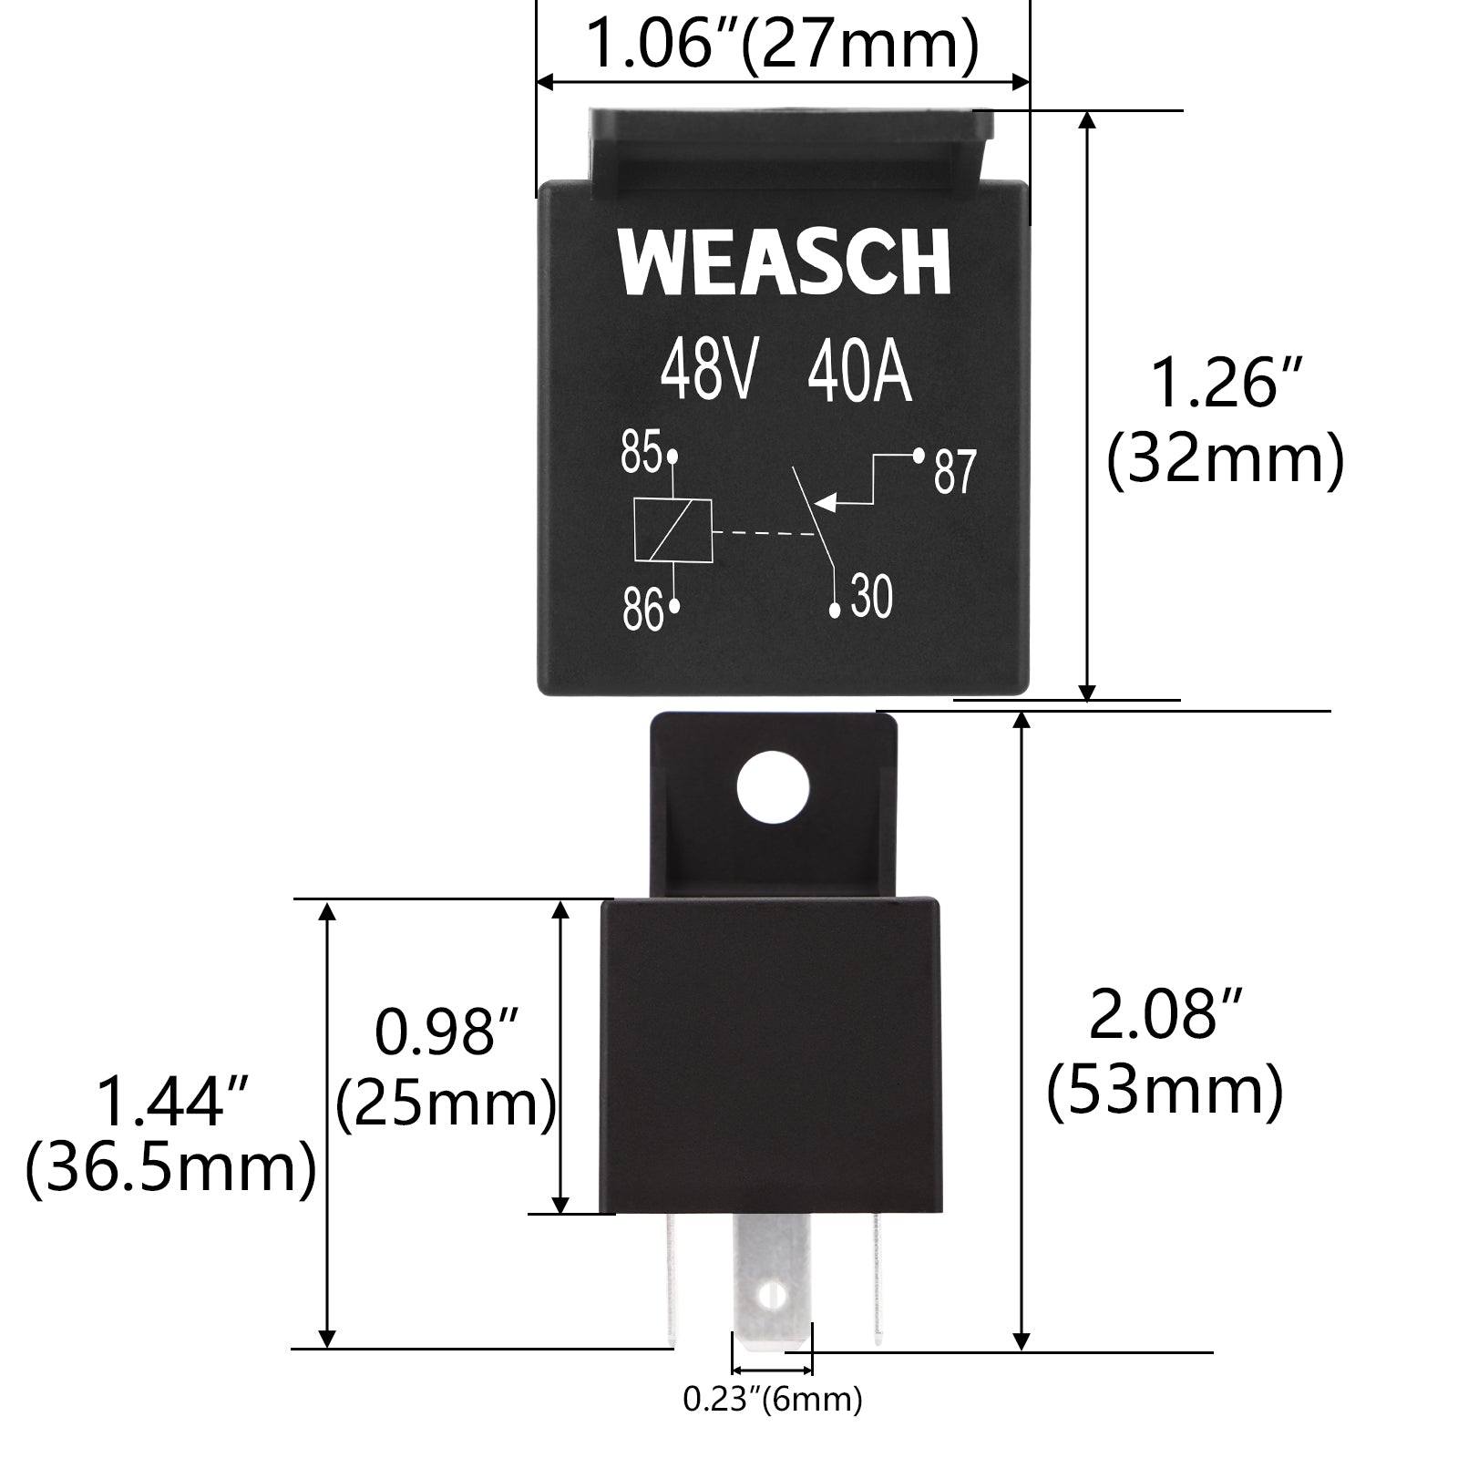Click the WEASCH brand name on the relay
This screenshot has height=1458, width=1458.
coord(784,262)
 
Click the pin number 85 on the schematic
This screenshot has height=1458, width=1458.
coord(642,452)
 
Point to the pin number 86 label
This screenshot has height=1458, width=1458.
coord(642,609)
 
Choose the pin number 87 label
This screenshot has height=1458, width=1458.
coord(955,472)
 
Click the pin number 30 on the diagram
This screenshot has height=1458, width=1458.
coord(871,598)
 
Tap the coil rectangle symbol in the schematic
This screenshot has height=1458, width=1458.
coord(673,530)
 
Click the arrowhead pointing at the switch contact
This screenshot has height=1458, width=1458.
coord(824,502)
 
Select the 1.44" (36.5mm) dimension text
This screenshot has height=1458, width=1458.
coord(171,1134)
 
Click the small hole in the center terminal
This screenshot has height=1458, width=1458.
coord(773,1294)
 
